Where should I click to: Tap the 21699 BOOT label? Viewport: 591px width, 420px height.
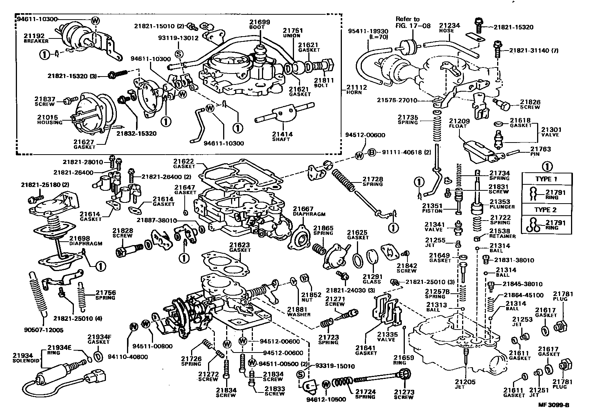coord(260,25)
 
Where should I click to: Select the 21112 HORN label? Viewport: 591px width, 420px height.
coord(356,89)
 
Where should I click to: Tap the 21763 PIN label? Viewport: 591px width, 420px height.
coord(540,152)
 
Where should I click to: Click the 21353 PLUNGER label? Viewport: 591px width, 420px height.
coord(502,204)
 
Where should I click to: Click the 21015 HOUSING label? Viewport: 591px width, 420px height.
coord(52,120)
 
